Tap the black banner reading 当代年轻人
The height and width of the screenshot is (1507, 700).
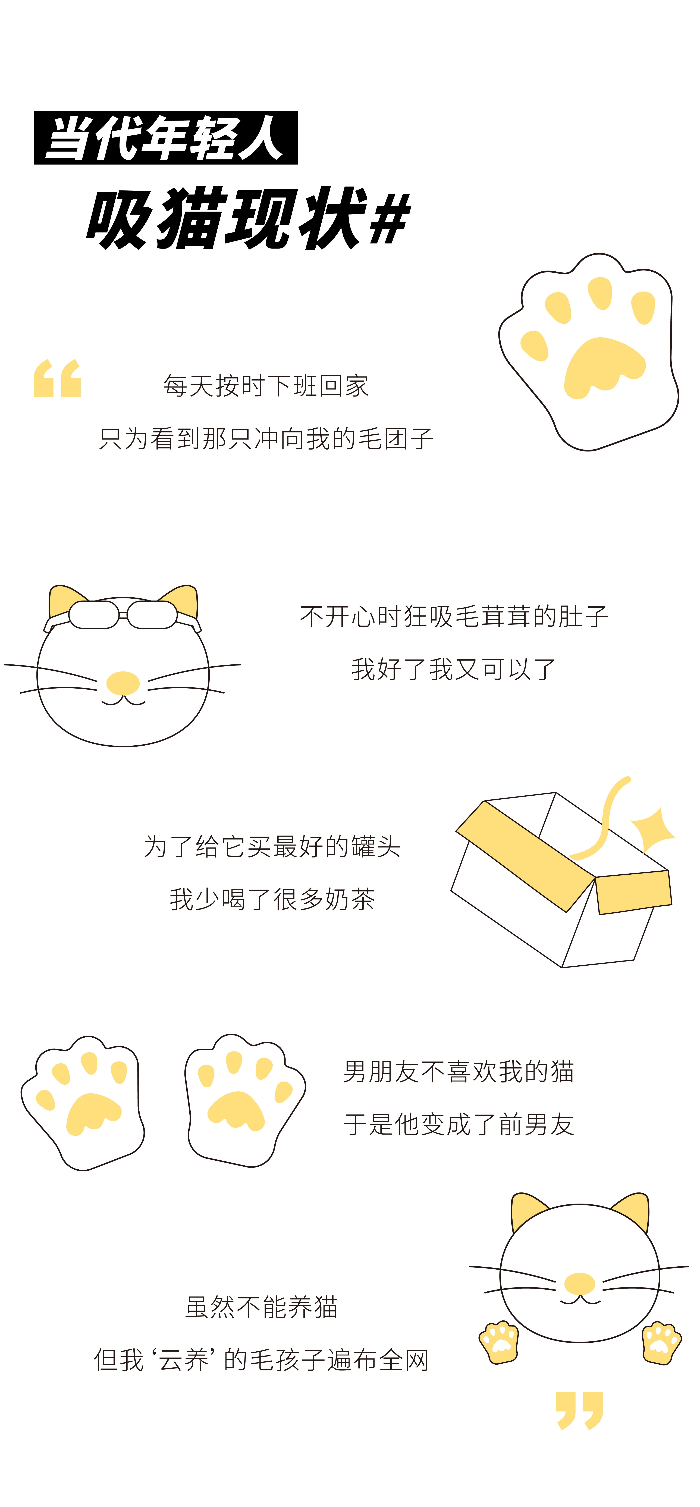pos(165,137)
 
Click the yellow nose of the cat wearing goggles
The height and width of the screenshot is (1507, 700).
pos(123,683)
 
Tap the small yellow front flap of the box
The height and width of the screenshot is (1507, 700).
pos(633,891)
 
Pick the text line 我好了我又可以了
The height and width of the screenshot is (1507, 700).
pos(453,669)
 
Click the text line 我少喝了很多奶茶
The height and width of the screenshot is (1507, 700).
pos(272,899)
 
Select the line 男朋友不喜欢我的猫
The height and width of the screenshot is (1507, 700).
pos(459,1071)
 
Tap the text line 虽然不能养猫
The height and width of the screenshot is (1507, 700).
pos(261,1306)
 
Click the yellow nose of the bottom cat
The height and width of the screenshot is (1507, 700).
pos(580,1283)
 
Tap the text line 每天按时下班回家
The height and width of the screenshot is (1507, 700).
pos(266,385)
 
